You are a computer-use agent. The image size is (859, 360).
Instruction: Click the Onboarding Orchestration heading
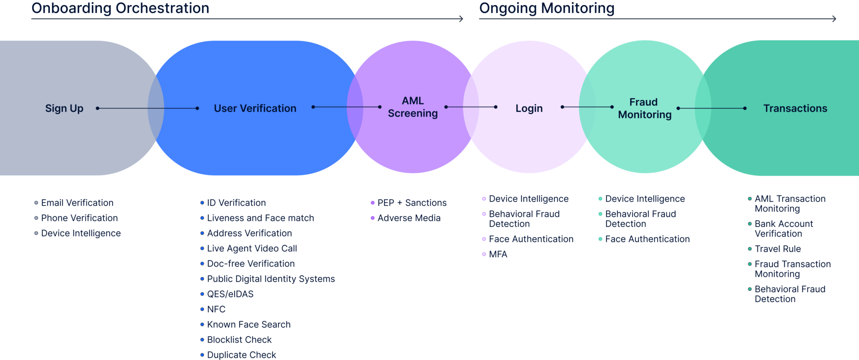120,8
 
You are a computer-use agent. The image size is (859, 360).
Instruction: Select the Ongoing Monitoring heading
546,8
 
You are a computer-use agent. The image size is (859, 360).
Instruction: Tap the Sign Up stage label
64,108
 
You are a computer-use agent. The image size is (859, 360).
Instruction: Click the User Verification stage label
255,108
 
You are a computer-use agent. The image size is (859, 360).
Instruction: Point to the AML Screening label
413,107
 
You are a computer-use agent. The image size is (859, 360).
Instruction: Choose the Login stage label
529,108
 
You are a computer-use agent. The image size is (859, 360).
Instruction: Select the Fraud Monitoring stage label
644,108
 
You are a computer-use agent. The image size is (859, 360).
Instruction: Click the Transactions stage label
795,108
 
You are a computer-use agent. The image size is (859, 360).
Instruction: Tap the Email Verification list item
77,203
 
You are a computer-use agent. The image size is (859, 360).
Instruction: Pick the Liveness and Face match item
260,218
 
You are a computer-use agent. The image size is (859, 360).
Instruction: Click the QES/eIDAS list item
230,294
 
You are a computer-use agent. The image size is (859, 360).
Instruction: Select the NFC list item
216,309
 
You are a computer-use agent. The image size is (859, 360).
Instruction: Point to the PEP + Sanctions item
411,203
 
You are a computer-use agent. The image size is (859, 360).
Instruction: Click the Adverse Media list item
409,218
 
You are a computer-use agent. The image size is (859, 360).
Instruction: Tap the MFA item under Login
498,254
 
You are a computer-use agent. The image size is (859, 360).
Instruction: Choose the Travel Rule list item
777,249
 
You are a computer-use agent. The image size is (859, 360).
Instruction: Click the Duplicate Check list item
241,355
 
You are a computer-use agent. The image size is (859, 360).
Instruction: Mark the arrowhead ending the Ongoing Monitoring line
835,19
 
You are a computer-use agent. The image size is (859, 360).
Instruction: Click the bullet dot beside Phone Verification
36,218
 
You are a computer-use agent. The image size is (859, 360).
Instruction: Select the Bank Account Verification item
783,229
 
